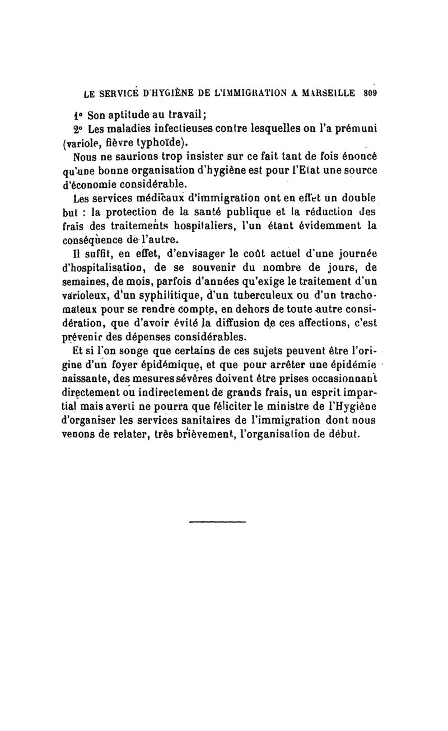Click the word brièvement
213,436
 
